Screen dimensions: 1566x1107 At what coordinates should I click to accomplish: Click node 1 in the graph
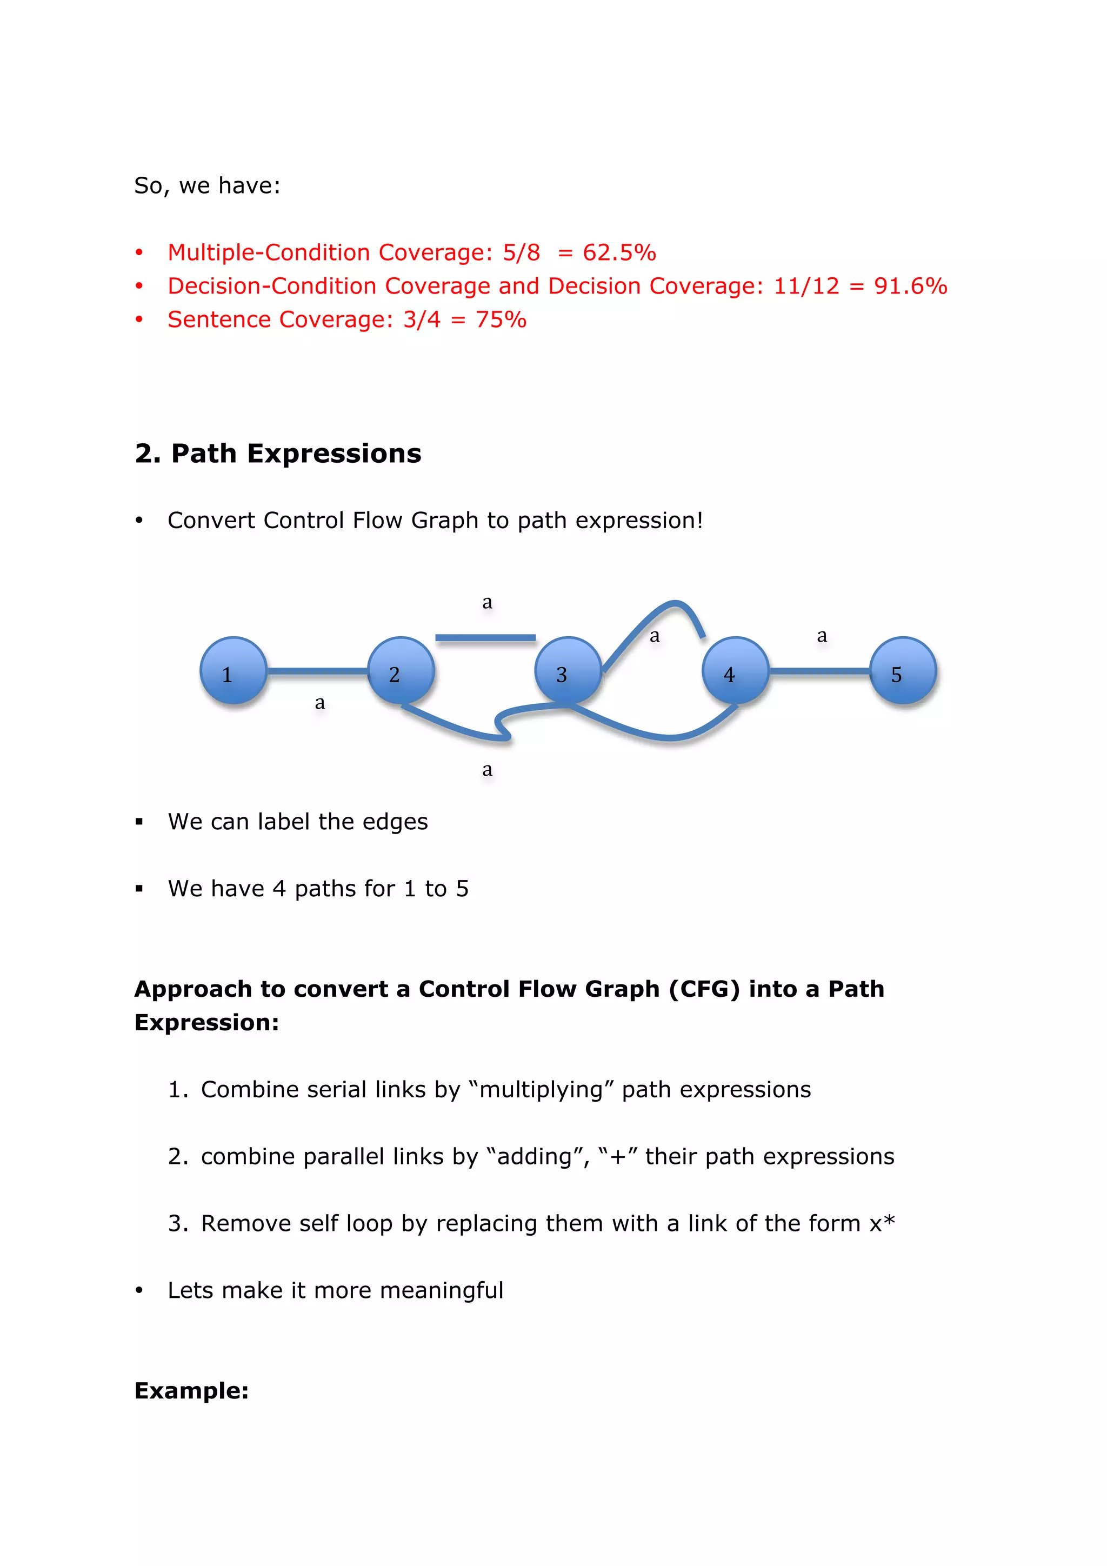234,670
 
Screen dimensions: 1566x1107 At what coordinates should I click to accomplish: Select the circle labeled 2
401,670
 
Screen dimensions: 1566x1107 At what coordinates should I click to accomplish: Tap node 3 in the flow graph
568,670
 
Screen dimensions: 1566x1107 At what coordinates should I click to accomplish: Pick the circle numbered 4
735,670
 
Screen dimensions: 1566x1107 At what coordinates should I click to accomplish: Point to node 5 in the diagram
902,670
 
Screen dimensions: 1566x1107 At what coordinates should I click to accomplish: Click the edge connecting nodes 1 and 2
317,671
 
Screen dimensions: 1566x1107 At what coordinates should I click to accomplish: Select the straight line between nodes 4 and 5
819,671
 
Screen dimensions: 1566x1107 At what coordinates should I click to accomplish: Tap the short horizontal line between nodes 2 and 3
485,638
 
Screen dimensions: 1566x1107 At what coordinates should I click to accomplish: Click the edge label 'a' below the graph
487,769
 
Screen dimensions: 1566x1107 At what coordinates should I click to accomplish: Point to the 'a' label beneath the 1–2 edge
320,703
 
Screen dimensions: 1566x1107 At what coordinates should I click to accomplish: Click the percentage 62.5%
619,253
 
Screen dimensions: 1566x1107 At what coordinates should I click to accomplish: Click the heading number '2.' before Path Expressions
148,454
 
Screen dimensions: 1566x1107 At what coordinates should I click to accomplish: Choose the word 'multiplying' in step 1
541,1090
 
